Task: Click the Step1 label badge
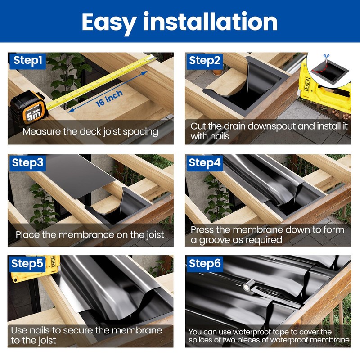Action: coord(28,60)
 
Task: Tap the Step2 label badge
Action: coord(205,61)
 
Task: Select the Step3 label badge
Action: coord(28,162)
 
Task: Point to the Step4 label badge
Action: coord(205,162)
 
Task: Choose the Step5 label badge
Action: coord(28,264)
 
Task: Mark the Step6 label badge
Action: coord(205,264)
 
